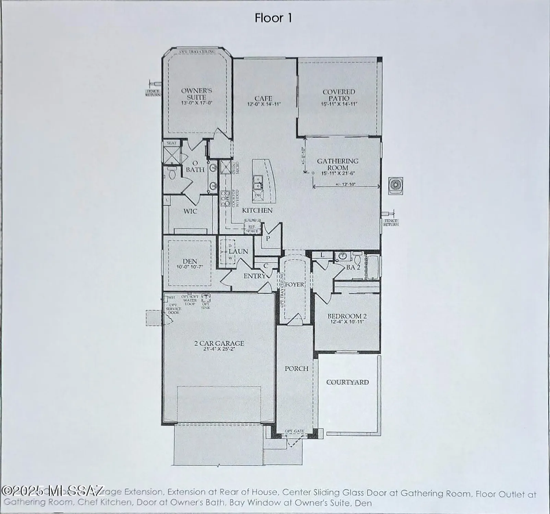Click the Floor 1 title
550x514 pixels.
[x=273, y=18]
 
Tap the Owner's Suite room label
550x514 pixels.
[x=196, y=94]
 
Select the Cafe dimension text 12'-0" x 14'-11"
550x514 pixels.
[x=264, y=104]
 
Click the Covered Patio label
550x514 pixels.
[x=339, y=95]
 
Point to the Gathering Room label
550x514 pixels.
[x=337, y=164]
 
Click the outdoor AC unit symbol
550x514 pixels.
[x=395, y=185]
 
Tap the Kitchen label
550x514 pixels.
[x=257, y=210]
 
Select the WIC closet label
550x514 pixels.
[x=190, y=211]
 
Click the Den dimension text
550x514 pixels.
[x=190, y=267]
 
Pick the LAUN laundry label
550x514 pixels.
[x=238, y=251]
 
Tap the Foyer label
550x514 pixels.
[x=295, y=284]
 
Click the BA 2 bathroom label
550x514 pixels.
[x=353, y=267]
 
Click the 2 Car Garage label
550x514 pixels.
[x=219, y=343]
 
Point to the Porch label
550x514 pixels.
[x=296, y=369]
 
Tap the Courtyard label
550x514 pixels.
[x=347, y=382]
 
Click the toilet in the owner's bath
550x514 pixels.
[x=172, y=174]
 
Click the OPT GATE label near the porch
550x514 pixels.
[x=295, y=431]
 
